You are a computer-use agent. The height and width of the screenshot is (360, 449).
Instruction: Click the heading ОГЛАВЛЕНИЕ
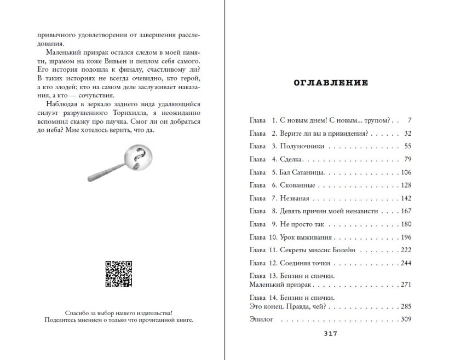coord(331,83)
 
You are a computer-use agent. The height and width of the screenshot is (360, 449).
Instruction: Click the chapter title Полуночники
coord(302,146)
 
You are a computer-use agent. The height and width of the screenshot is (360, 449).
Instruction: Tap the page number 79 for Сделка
coord(407,159)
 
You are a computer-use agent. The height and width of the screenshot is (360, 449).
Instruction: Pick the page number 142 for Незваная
coord(405,199)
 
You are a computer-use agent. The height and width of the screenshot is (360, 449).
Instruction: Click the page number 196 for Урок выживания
coord(405,237)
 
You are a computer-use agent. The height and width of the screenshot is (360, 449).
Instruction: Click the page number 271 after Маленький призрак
coord(405,285)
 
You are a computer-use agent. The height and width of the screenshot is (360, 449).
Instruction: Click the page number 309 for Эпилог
coord(405,320)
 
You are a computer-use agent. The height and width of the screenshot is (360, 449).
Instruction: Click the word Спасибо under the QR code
coord(78,313)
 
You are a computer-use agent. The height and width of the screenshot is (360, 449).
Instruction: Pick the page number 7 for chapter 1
coord(409,120)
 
